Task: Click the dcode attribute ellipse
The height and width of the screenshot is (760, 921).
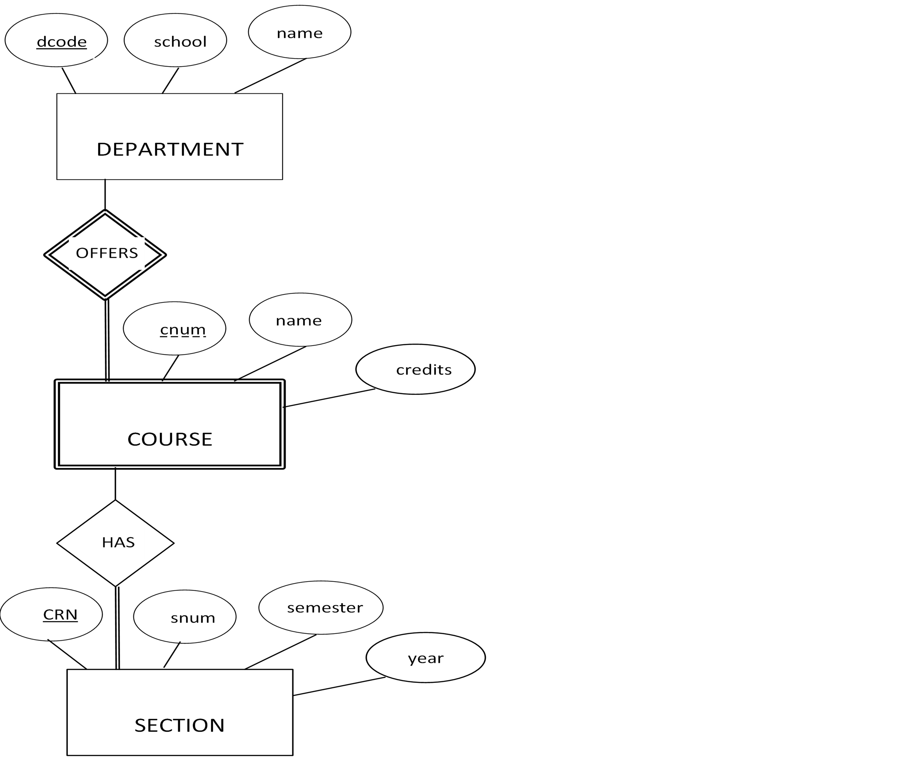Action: [56, 40]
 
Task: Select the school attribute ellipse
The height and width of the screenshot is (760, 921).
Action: [175, 40]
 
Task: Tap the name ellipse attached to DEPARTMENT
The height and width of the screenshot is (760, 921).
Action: [300, 32]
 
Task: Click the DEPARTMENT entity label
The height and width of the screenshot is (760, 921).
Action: [170, 149]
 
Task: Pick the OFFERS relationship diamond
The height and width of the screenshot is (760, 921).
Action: [105, 254]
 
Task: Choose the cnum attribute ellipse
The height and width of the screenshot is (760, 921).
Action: [174, 328]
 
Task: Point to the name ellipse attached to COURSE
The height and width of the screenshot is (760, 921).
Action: [301, 320]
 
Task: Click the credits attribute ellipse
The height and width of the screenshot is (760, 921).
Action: [415, 369]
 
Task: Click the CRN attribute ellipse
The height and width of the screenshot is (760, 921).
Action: [51, 614]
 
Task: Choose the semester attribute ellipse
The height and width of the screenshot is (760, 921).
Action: [321, 607]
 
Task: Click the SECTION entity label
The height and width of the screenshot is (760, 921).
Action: [179, 725]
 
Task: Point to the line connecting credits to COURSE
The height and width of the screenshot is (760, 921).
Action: [329, 398]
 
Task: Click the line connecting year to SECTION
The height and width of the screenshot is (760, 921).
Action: [339, 686]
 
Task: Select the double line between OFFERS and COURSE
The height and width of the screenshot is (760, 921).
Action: [107, 340]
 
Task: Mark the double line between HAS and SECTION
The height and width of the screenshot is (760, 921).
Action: [117, 628]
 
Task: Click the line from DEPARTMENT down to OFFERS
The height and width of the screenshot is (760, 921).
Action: [105, 194]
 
